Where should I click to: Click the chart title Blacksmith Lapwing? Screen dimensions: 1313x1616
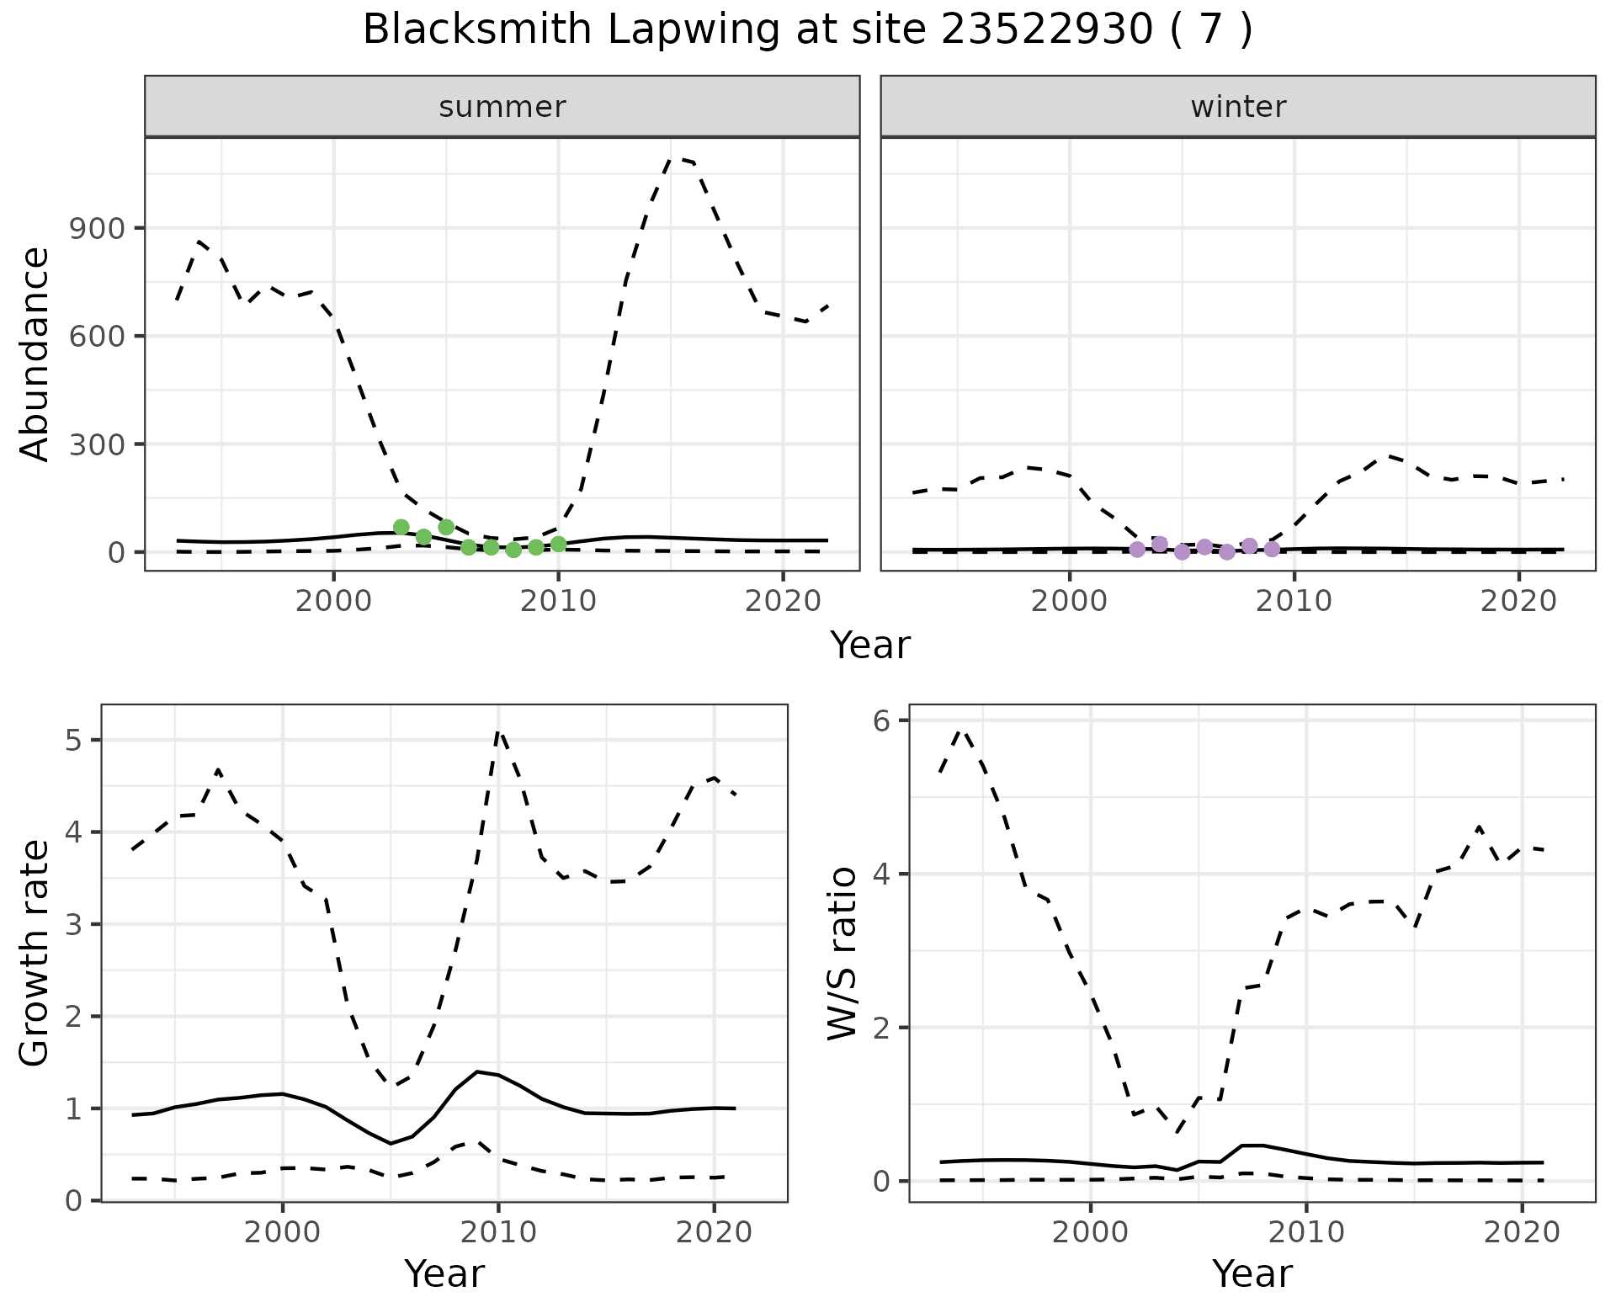point(806,30)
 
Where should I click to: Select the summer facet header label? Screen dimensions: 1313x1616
point(502,107)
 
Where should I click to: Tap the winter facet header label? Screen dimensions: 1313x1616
point(1238,107)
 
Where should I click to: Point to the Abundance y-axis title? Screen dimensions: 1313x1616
point(35,354)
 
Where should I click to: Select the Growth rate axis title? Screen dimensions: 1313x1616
point(35,953)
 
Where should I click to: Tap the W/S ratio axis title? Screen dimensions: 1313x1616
point(843,953)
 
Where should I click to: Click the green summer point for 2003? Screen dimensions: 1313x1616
point(401,528)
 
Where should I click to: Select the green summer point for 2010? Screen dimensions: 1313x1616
point(558,545)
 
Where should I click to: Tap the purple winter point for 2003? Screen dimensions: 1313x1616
point(1137,550)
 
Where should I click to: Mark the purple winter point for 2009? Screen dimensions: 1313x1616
point(1272,550)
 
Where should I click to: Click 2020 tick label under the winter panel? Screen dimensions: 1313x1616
point(1519,602)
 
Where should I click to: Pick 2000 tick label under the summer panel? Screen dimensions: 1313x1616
point(334,602)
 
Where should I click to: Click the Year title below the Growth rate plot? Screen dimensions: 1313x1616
point(444,1274)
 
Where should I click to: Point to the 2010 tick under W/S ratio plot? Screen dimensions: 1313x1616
point(1305,1233)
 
